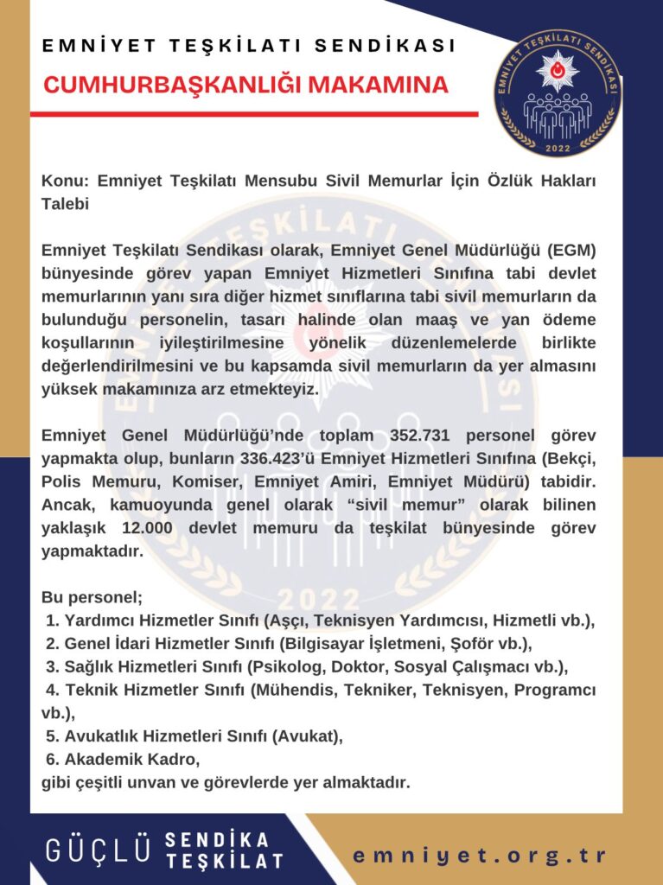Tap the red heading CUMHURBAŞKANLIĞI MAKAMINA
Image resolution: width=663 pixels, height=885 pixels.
point(246,85)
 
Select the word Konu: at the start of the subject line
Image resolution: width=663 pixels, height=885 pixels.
point(66,181)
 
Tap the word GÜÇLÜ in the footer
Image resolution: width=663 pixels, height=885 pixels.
point(99,850)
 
